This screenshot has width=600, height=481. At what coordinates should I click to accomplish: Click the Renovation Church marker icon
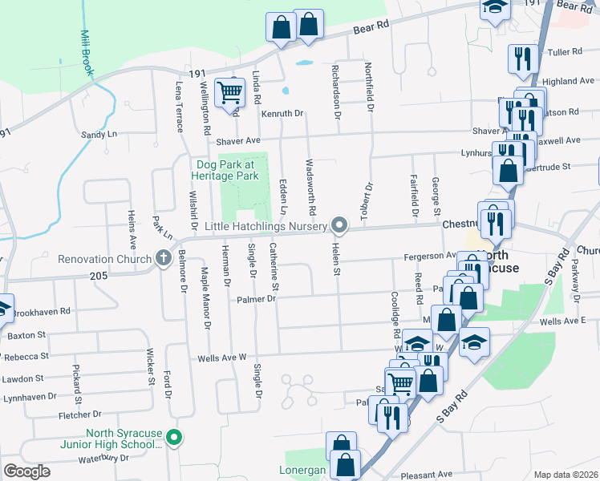pos(164,258)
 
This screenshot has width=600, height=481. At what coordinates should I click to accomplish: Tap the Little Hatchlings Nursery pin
pos(340,227)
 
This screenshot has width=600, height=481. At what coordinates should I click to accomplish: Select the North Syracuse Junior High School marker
pos(178,438)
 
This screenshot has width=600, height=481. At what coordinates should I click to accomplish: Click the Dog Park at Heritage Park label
pos(227,169)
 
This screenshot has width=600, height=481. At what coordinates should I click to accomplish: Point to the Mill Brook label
pos(87,53)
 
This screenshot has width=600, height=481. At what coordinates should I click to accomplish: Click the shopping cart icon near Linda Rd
pos(229,93)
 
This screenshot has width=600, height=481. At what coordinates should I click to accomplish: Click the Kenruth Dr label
pos(282,114)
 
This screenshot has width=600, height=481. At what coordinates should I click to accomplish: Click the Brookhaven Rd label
pos(42,310)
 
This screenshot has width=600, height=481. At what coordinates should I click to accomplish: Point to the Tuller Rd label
pos(563,52)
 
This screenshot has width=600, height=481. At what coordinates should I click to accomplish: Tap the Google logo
pos(26,471)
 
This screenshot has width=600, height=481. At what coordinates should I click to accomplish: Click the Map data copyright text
pos(566,475)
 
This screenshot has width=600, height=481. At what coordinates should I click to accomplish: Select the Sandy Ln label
pos(99,134)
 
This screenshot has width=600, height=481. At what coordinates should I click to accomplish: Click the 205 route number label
pos(99,275)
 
